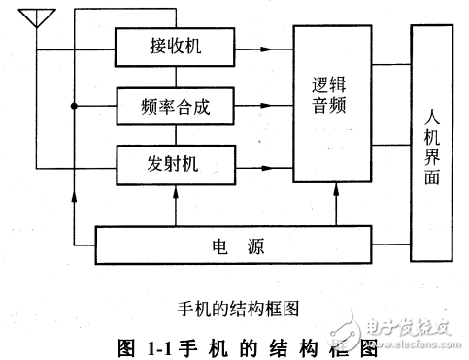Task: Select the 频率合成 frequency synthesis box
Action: tap(176, 106)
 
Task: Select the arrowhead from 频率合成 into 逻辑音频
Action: tap(288, 106)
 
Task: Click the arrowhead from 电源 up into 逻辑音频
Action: tap(333, 190)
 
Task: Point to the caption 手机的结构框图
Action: tap(236, 308)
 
